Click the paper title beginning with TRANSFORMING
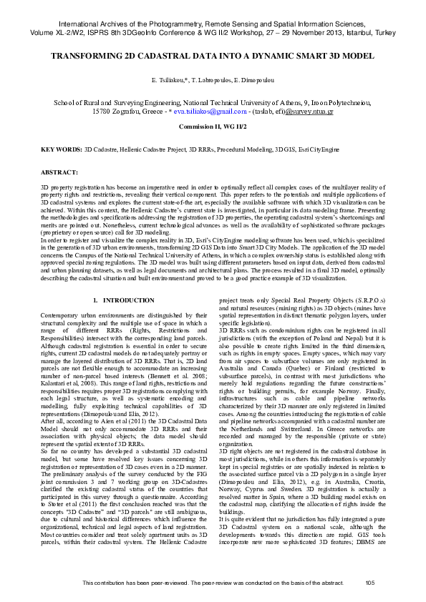tap(213, 54)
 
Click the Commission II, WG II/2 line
tap(213, 126)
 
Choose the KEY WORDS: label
tap(61, 151)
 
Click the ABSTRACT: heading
tap(59, 173)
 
